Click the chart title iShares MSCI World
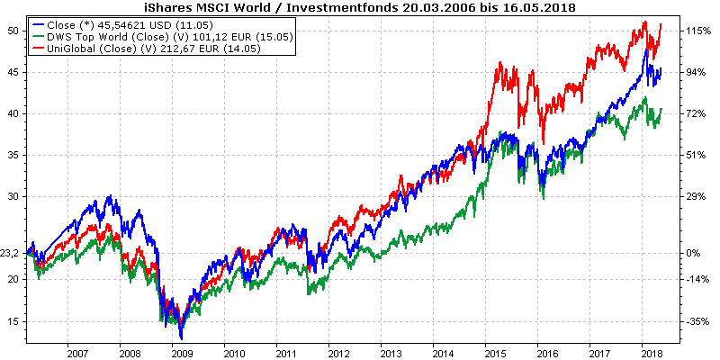pos(360,7)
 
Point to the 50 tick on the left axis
pos(13,31)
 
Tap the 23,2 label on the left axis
pos(10,254)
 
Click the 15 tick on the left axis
pos(13,321)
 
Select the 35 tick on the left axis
pos(13,155)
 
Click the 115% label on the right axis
pos(697,31)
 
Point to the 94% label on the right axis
pos(697,72)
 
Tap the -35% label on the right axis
pos(697,321)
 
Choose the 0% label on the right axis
pos(694,254)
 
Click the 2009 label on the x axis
pos(182,353)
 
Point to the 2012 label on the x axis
pos(337,353)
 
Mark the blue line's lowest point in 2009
pos(181,338)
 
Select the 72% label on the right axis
pos(697,114)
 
